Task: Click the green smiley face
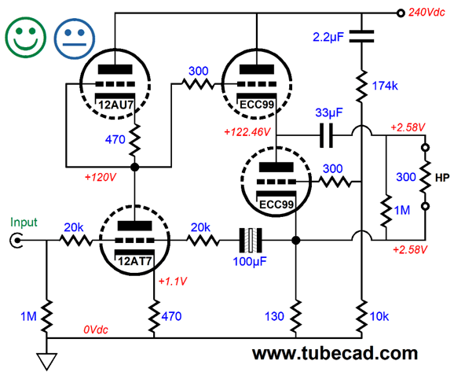coord(25,37)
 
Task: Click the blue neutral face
coord(75,39)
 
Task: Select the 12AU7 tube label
coord(116,105)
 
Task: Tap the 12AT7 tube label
coord(134,261)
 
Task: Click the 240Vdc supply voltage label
coord(427,12)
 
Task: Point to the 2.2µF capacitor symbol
coord(361,36)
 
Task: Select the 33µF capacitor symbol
coord(326,135)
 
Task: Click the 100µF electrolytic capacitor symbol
coord(251,241)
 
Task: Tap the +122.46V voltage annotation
coord(247,132)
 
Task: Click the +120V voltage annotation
coord(101,177)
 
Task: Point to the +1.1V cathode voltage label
coord(173,281)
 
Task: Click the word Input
coord(24,223)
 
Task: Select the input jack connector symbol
coord(16,241)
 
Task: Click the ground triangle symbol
coord(46,361)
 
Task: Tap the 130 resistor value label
coord(274,316)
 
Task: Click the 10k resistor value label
coord(379,316)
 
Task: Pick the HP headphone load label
coord(442,178)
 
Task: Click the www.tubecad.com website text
coord(335,353)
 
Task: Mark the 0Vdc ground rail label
coord(96,330)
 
